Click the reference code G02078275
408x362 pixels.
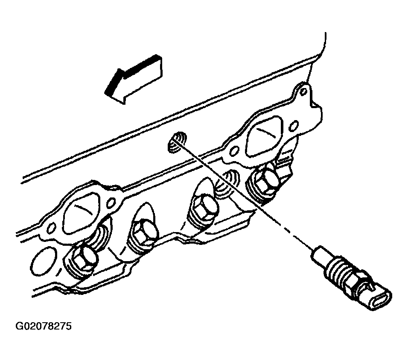[44, 326]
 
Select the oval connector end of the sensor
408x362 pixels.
[377, 297]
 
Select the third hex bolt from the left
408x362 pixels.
[205, 207]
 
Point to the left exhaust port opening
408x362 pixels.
[82, 211]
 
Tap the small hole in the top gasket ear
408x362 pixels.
[303, 92]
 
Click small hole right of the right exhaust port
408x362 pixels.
[294, 126]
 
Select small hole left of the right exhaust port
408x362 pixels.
[235, 151]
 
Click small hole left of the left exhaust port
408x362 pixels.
[52, 228]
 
